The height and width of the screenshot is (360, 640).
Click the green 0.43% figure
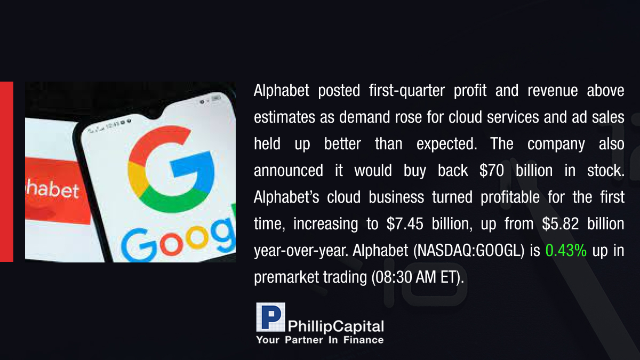566,251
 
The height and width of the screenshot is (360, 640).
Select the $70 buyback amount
491,171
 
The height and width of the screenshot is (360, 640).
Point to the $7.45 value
405,223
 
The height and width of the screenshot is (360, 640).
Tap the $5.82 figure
561,223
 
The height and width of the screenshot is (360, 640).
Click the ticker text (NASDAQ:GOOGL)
469,251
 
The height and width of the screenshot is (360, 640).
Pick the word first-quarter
406,91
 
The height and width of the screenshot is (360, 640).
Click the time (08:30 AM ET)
418,277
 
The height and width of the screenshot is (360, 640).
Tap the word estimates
284,117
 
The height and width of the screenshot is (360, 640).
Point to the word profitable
510,197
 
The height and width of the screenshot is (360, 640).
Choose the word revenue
553,91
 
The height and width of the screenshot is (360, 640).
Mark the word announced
289,171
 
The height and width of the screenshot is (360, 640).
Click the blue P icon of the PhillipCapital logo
270,317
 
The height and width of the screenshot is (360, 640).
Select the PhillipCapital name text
335,326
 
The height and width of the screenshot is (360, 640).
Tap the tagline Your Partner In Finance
319,340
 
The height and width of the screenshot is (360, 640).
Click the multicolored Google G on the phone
171,169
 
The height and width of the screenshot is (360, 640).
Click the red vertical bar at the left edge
6,172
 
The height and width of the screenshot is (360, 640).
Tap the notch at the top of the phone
153,114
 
